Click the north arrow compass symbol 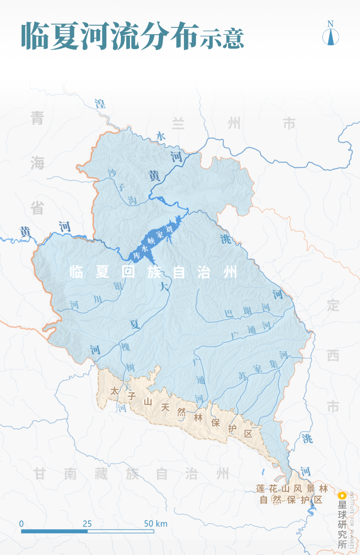pyautogui.click(x=330, y=37)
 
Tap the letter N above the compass pyautogui.click(x=330, y=24)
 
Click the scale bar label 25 pyautogui.click(x=87, y=524)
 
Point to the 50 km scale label pyautogui.click(x=156, y=524)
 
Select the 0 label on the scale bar pyautogui.click(x=21, y=524)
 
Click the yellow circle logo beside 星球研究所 pyautogui.click(x=342, y=495)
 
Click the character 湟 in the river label pyautogui.click(x=100, y=104)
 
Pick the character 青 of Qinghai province pyautogui.click(x=37, y=118)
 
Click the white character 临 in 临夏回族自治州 pyautogui.click(x=76, y=272)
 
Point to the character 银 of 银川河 pyautogui.click(x=118, y=286)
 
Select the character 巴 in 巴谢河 pyautogui.click(x=229, y=313)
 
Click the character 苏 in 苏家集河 pyautogui.click(x=243, y=376)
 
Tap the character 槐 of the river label pyautogui.click(x=125, y=347)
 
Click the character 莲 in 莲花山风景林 pyautogui.click(x=261, y=489)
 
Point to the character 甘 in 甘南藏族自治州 pyautogui.click(x=40, y=474)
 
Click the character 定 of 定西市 pyautogui.click(x=333, y=305)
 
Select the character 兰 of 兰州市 pyautogui.click(x=178, y=124)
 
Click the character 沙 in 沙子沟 pyautogui.click(x=112, y=173)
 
